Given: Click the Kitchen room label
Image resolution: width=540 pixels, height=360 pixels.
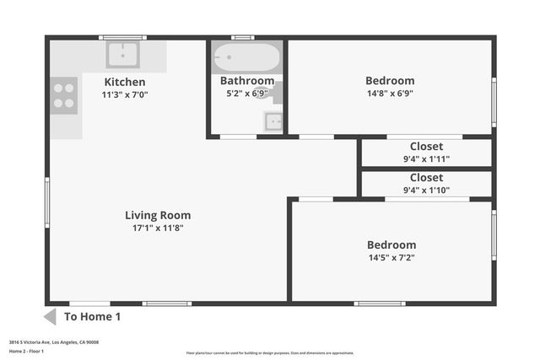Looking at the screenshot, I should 124,82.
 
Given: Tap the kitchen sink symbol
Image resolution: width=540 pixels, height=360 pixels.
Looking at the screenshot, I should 123,55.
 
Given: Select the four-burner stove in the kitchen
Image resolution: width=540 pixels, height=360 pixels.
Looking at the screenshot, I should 64,94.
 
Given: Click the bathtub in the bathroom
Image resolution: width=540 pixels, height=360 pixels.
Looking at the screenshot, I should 246,58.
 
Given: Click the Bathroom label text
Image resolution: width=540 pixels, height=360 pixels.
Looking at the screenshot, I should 247,81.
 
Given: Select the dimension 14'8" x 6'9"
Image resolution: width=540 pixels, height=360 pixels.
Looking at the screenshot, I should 390,94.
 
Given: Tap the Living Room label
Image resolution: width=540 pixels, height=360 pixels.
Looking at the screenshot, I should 158,215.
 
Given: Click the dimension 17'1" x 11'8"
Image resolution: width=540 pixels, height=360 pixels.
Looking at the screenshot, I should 158,228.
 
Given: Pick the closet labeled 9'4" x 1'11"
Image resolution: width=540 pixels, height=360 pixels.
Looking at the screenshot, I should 426,153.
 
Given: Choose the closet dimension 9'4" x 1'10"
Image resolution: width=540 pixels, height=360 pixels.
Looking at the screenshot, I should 426,191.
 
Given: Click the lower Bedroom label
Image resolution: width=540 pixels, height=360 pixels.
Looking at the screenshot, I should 391,244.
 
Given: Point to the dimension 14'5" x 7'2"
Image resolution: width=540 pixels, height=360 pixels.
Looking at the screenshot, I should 391,258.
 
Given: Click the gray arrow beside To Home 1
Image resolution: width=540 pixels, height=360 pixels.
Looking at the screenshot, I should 49,317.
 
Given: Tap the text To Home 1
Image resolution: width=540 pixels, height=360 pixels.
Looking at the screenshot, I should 93,317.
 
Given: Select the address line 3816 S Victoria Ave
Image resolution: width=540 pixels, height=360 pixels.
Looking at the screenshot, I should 54,342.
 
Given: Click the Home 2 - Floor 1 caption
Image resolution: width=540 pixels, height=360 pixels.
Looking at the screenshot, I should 26,351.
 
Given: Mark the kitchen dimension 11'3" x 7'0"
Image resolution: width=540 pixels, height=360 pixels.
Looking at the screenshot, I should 124,95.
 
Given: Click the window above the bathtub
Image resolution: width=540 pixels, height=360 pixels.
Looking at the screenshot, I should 243,37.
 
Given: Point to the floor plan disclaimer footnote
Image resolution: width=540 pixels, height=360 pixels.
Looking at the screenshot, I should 270,353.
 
